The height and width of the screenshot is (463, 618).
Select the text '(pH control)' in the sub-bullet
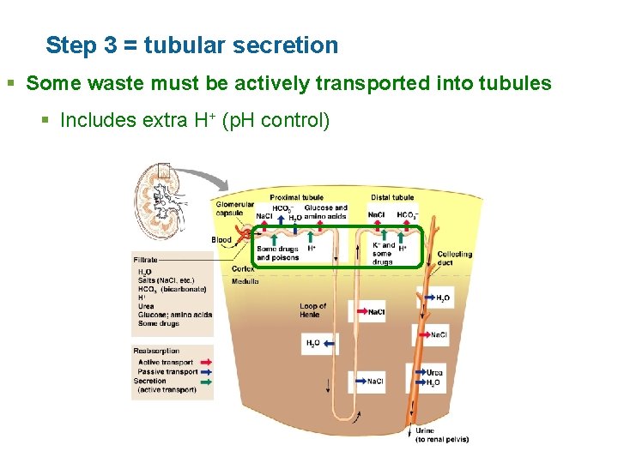276,120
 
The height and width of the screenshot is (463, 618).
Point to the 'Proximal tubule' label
296,197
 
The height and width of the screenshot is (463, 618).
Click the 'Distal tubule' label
392,197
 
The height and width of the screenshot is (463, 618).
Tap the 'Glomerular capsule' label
234,209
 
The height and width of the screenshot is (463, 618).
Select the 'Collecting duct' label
454,258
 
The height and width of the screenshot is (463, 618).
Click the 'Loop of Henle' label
312,310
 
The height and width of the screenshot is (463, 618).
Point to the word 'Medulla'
245,280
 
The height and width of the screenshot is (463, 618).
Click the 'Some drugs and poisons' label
277,253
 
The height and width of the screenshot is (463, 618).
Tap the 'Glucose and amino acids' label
325,212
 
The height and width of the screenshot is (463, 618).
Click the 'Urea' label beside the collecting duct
435,373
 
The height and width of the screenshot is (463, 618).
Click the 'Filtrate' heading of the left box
145,259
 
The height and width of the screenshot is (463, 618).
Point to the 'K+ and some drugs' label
383,253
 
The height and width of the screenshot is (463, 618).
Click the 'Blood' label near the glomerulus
221,240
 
